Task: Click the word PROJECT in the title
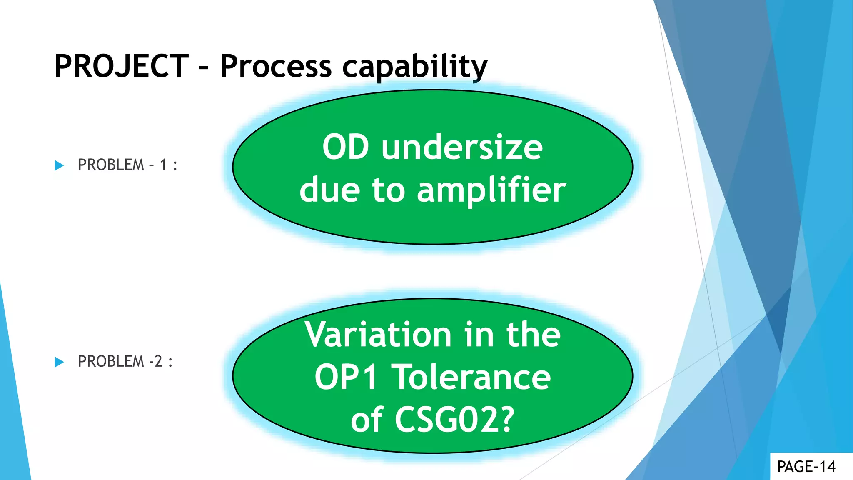click(x=121, y=66)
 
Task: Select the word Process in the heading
click(x=276, y=66)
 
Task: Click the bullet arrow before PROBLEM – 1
click(x=59, y=165)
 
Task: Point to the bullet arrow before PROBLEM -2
click(x=59, y=362)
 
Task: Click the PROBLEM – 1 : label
click(x=127, y=165)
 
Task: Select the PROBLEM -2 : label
click(x=125, y=361)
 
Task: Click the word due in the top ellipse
click(x=329, y=190)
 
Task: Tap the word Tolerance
click(x=472, y=377)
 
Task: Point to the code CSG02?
click(x=454, y=420)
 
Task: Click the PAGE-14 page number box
click(x=806, y=467)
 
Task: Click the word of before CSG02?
click(x=367, y=420)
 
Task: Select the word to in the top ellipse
click(x=388, y=190)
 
